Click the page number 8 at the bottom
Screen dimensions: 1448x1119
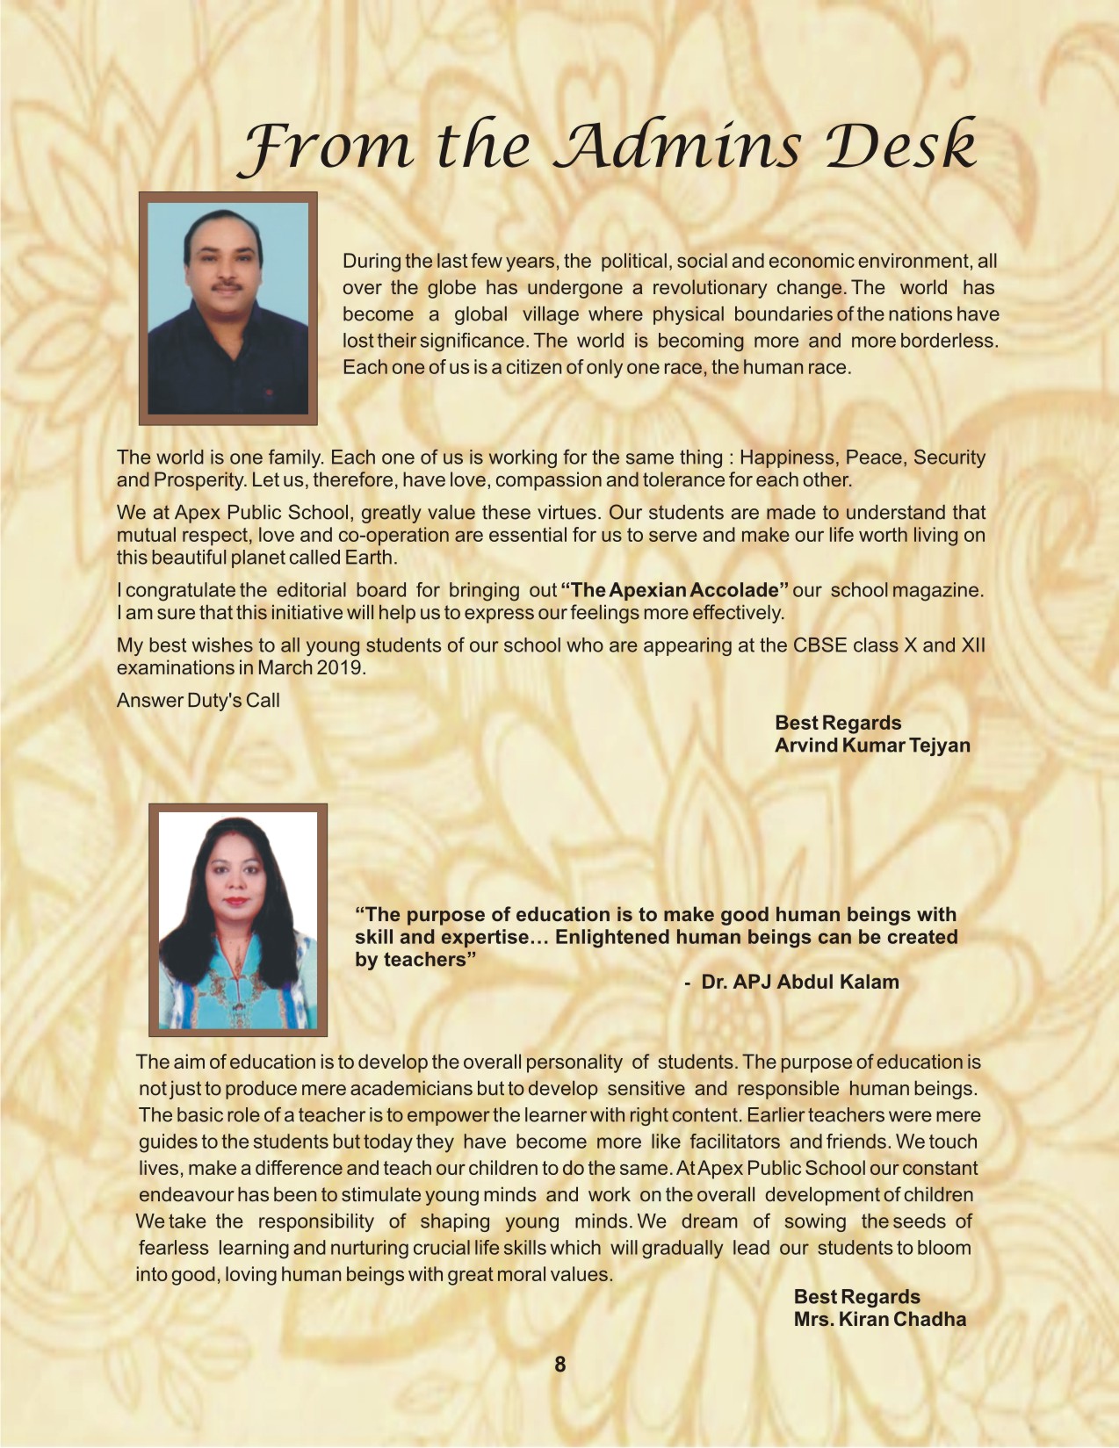pyautogui.click(x=559, y=1364)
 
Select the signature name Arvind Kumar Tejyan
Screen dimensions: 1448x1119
pyautogui.click(x=871, y=746)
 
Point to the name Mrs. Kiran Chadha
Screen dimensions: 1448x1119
pyautogui.click(x=879, y=1319)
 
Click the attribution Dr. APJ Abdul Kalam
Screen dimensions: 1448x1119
pyautogui.click(x=799, y=982)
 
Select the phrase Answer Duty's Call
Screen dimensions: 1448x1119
pyautogui.click(x=199, y=700)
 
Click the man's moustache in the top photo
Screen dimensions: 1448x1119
pyautogui.click(x=227, y=285)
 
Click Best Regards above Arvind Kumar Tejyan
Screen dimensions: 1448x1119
pyautogui.click(x=838, y=723)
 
